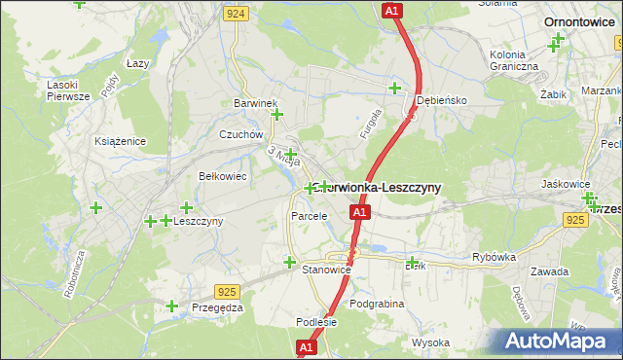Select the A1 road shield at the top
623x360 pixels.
[390, 10]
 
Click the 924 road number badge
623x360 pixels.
[235, 14]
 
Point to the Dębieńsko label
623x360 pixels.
[443, 100]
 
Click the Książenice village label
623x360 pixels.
[121, 141]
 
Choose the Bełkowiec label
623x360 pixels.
[222, 176]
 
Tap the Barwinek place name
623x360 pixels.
[256, 103]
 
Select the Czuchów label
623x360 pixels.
[241, 135]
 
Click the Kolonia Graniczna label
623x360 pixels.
[515, 60]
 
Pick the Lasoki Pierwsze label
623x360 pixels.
[68, 90]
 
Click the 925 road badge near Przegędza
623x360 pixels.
[228, 291]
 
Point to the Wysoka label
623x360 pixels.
[430, 342]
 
